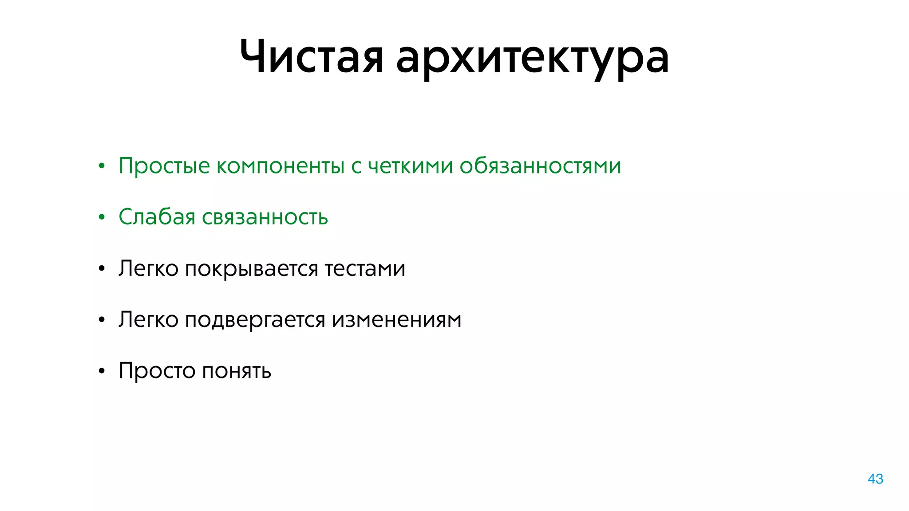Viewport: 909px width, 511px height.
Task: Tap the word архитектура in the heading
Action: point(532,59)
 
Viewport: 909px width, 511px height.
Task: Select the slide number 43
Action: point(875,479)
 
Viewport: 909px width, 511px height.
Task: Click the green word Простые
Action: point(164,166)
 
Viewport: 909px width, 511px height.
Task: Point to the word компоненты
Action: point(281,166)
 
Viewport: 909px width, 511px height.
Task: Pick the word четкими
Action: point(411,165)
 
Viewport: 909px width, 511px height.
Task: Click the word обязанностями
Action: point(540,166)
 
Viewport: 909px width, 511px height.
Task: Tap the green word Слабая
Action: point(157,217)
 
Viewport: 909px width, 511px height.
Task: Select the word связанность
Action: point(265,217)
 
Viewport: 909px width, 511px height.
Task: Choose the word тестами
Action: point(365,268)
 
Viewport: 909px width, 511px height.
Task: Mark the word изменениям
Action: point(397,319)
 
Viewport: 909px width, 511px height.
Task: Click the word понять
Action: point(237,371)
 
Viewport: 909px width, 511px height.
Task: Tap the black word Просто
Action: point(157,371)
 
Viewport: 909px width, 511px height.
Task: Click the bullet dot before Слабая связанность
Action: point(102,217)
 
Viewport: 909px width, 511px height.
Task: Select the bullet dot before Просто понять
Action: point(102,371)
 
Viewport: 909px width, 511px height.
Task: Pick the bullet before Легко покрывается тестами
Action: point(102,269)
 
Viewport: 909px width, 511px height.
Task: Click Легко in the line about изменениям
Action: point(148,319)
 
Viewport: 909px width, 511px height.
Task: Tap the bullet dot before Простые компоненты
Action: point(102,166)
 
